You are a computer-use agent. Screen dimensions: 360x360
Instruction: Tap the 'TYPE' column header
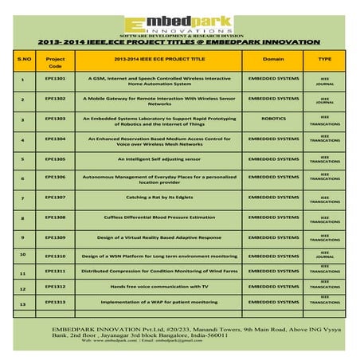[x=325, y=59]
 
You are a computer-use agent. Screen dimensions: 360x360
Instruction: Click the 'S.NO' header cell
[x=23, y=59]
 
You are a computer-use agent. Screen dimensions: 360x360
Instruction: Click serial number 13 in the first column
[x=23, y=304]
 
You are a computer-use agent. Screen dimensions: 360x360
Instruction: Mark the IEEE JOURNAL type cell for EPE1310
[x=325, y=254]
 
